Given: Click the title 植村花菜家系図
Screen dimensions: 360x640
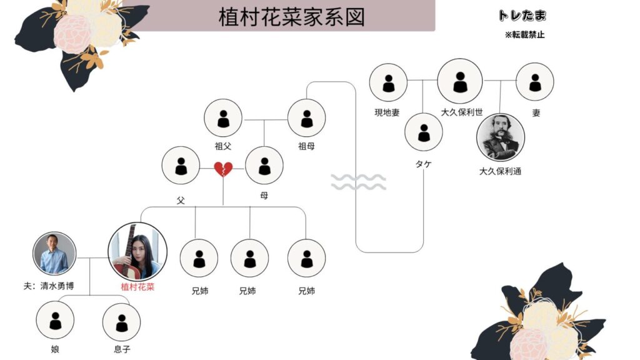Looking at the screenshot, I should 291,17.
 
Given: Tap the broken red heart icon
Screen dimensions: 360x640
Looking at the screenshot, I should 223,169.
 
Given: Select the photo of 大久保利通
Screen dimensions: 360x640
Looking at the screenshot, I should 500,137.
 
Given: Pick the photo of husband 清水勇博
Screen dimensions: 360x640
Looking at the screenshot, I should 54,254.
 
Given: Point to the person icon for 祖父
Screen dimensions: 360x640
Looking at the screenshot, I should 223,118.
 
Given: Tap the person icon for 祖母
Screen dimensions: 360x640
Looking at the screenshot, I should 306,118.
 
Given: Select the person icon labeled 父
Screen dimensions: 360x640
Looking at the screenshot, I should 181,166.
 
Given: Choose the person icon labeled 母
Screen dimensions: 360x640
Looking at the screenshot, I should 264,166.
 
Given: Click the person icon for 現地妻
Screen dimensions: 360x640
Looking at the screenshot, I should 388,82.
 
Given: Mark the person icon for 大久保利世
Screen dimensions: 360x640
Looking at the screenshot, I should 460,81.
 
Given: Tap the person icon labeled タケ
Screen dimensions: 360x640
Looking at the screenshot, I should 424,132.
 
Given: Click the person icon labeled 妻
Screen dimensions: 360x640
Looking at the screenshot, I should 535,82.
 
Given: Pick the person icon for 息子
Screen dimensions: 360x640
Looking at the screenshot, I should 121,321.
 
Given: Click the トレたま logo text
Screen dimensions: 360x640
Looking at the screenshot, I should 522,16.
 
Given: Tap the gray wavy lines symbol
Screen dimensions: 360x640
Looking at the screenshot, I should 358,182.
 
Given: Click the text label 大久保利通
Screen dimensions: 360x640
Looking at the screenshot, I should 500,170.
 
